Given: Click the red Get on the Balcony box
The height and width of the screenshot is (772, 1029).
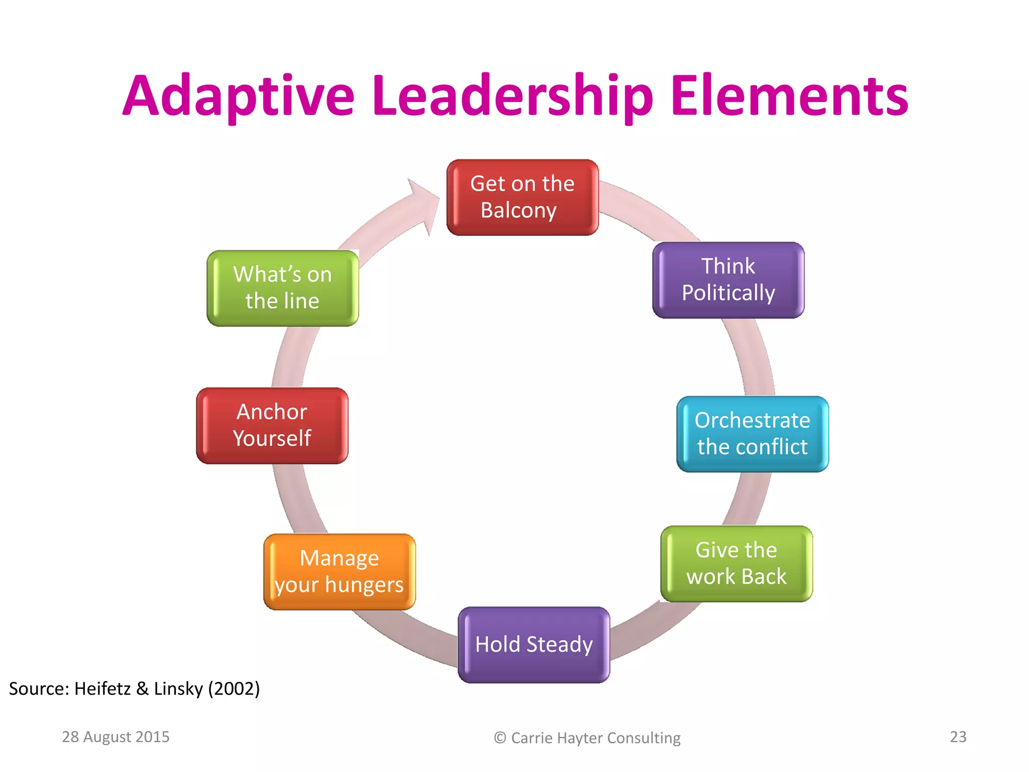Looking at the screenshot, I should coord(522,197).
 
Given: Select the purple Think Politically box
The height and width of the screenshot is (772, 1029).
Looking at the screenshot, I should coord(728,280).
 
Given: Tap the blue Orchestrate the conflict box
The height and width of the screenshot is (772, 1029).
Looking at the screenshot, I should coord(752,434).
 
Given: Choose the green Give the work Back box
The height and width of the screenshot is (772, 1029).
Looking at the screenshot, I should coord(736,563).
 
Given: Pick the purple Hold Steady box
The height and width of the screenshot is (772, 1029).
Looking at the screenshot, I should coord(534,644).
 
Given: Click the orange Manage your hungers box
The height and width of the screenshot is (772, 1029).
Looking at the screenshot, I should coord(339,571).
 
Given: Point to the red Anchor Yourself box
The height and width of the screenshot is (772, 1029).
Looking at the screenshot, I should coord(272,425).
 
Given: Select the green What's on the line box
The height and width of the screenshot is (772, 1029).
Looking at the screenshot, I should coord(282,288).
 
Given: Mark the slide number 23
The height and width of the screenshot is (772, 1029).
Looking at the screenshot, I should coord(958,737).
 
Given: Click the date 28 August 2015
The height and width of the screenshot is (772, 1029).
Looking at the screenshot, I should coord(116,737).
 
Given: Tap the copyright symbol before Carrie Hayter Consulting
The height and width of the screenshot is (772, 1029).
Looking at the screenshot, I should coord(499,738).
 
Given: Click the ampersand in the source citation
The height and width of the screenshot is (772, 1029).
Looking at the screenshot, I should coord(142,689).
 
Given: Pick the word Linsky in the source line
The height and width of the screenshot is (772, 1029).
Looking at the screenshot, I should coord(178,689).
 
